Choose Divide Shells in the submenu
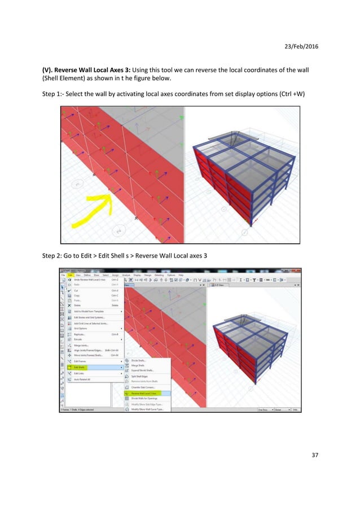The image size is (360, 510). [x=139, y=360]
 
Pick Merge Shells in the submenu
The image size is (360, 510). [x=139, y=365]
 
